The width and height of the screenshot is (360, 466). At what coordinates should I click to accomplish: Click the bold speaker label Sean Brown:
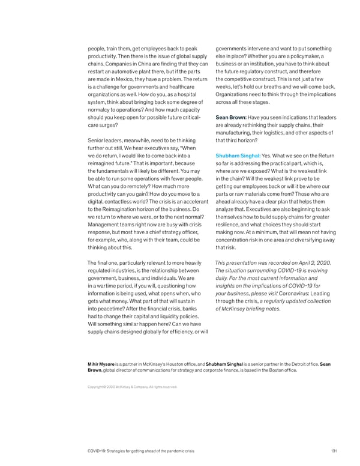[x=232, y=117]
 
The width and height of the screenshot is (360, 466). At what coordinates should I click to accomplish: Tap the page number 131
[x=334, y=450]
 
